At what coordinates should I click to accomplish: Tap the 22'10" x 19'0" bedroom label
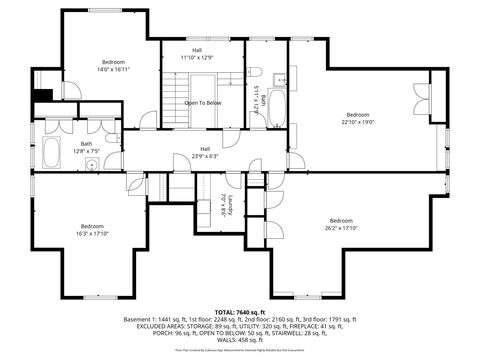(x=357, y=118)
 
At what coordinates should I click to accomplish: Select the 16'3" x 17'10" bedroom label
(x=93, y=229)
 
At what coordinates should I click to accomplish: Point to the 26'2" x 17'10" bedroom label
(x=341, y=224)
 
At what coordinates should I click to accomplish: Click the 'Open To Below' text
(x=202, y=102)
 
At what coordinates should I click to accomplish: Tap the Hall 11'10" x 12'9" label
(x=197, y=55)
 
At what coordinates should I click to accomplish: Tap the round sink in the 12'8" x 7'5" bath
(x=90, y=168)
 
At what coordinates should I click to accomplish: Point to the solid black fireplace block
(x=42, y=96)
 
